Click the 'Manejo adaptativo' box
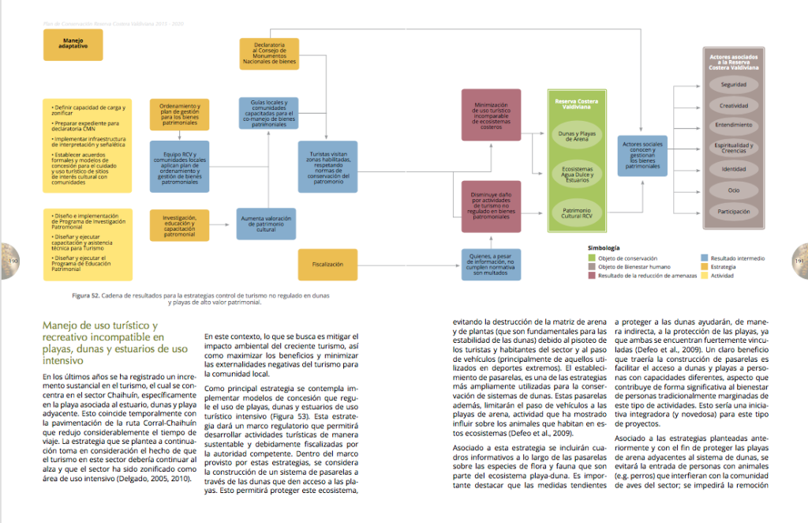pos(72,46)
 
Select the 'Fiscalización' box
pos(327,264)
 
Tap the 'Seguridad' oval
pos(733,85)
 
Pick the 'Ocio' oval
pos(733,190)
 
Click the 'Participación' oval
pos(733,212)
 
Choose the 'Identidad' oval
pos(733,169)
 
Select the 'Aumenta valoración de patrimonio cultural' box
pos(266,224)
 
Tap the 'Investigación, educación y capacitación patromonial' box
pos(180,225)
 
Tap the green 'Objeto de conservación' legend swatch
pos(591,258)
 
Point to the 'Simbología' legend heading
pos(603,247)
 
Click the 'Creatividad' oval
pos(733,106)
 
